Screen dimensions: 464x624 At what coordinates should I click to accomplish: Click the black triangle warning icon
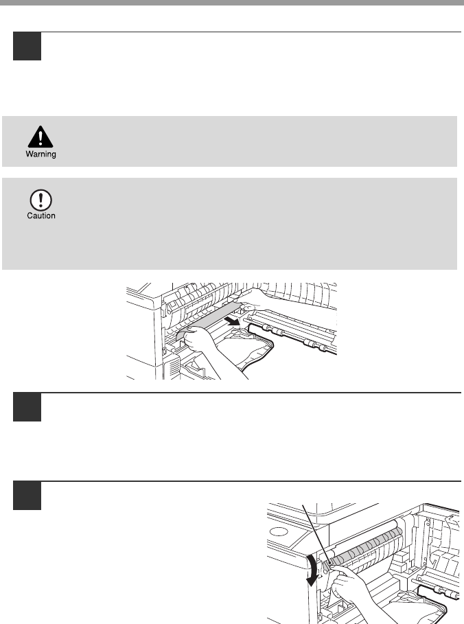point(40,137)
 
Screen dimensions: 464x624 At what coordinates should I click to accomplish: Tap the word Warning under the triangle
point(40,154)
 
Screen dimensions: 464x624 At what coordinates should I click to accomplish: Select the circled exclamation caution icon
point(40,200)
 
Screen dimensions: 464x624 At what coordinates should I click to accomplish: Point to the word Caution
point(41,216)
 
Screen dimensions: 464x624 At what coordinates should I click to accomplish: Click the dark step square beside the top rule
point(27,46)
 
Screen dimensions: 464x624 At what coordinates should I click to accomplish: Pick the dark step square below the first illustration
point(27,406)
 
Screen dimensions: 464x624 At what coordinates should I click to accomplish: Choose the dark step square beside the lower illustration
point(27,496)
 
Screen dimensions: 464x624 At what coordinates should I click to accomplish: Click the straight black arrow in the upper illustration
point(232,320)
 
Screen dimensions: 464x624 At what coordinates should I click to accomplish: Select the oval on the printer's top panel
point(279,532)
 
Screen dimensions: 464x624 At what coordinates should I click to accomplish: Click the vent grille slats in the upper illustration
point(174,367)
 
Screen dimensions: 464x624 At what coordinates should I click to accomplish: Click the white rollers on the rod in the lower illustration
point(443,592)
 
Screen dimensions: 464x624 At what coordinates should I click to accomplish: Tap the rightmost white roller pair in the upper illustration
point(314,345)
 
